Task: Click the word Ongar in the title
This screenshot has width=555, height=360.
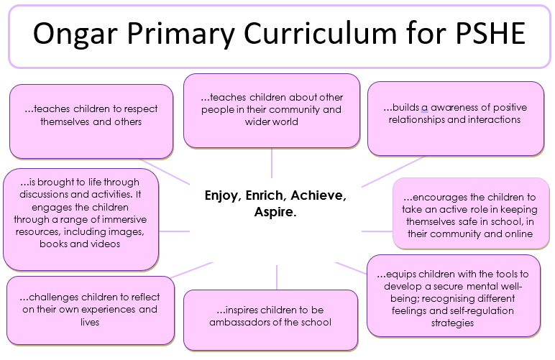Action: pyautogui.click(x=75, y=34)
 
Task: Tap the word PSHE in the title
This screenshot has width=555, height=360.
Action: pyautogui.click(x=490, y=33)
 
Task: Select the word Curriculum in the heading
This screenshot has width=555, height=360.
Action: pyautogui.click(x=320, y=33)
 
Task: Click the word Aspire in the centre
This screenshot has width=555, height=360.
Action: pyautogui.click(x=275, y=212)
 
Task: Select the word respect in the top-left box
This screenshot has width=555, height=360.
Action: pyautogui.click(x=140, y=109)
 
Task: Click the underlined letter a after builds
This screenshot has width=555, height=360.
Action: pyautogui.click(x=424, y=108)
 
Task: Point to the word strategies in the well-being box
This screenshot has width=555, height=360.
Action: pyautogui.click(x=452, y=323)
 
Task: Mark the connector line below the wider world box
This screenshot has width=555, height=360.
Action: pyautogui.click(x=272, y=162)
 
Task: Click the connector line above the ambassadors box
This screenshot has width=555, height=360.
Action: pyautogui.click(x=277, y=277)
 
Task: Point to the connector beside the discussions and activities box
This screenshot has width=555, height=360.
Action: pyautogui.click(x=174, y=231)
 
